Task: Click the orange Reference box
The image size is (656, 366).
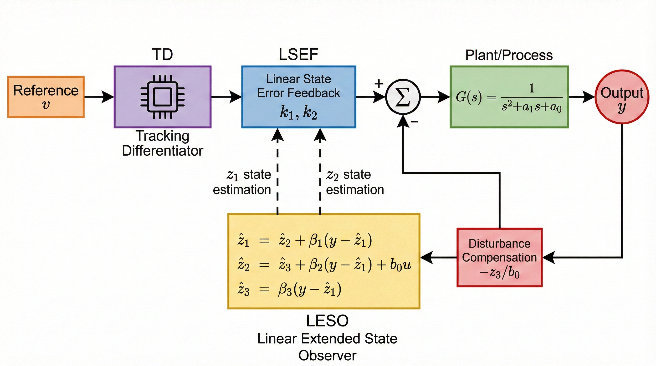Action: pos(46,97)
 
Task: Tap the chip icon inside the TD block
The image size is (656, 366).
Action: pos(163,97)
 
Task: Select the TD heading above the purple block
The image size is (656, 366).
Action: pos(163,55)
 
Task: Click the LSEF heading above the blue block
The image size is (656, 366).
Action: pos(298,55)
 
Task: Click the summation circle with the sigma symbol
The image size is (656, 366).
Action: pos(403,97)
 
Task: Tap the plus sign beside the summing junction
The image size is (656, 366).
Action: pos(379,83)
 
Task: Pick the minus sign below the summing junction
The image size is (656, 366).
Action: pos(414,122)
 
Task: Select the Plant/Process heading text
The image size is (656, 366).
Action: pos(509,55)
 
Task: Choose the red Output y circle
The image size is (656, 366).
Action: pos(622,97)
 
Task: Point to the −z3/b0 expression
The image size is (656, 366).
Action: pos(499,273)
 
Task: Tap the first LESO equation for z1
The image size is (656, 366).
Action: pos(304,240)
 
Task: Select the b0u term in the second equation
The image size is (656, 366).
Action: pos(400,265)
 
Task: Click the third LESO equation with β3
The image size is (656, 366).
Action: pos(289,289)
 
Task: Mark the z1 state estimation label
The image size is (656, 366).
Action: pos(242,182)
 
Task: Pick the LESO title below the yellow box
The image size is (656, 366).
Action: pos(327,321)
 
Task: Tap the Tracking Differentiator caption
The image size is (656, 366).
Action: pos(163,143)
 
